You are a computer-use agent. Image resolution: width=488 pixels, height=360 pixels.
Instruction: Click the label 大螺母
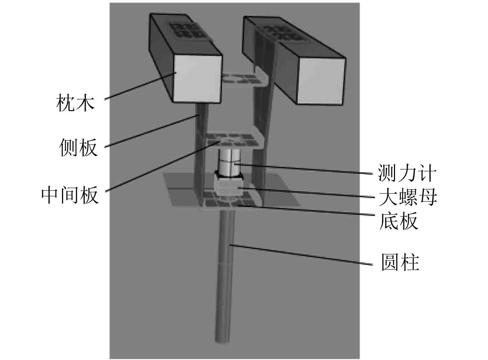pos(408,197)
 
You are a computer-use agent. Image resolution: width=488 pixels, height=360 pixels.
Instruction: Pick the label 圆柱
pos(400,263)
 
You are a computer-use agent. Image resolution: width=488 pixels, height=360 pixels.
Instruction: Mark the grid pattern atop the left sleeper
pos(186,30)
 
